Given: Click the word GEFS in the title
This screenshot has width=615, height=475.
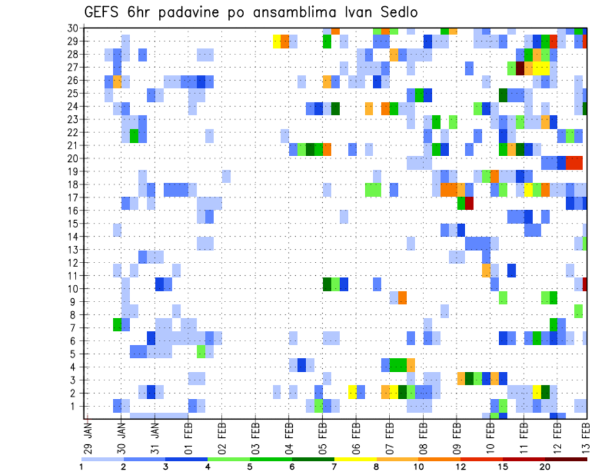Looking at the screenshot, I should coord(104,13).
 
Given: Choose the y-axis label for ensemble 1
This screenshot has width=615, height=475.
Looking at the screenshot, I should coord(75,406).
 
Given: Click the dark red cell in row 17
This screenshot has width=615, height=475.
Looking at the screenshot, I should coord(469,204).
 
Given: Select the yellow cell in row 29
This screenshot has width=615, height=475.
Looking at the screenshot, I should coord(277,41).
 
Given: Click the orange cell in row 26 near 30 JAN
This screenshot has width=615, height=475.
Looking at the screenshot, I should coord(117,81).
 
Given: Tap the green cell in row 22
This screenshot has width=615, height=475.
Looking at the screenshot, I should coord(134,136).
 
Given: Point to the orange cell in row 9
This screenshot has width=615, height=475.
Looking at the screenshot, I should coord(402,298).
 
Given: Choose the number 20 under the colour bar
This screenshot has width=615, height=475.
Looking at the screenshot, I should coord(545,467).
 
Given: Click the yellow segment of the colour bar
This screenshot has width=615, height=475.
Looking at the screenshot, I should coord(356,458).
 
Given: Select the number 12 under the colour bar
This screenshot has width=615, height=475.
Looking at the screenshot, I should coord(461,467).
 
